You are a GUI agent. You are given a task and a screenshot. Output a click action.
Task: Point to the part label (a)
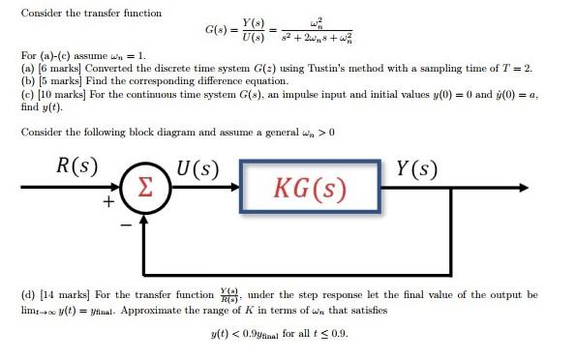point(27,84)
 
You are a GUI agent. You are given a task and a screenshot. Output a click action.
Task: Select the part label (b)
point(27,97)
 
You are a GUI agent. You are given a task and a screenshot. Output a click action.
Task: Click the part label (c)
point(27,109)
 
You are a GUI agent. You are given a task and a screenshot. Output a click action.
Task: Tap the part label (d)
point(28,293)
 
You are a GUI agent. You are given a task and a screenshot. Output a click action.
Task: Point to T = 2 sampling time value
point(513,84)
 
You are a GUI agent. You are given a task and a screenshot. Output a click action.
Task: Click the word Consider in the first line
point(42,14)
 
